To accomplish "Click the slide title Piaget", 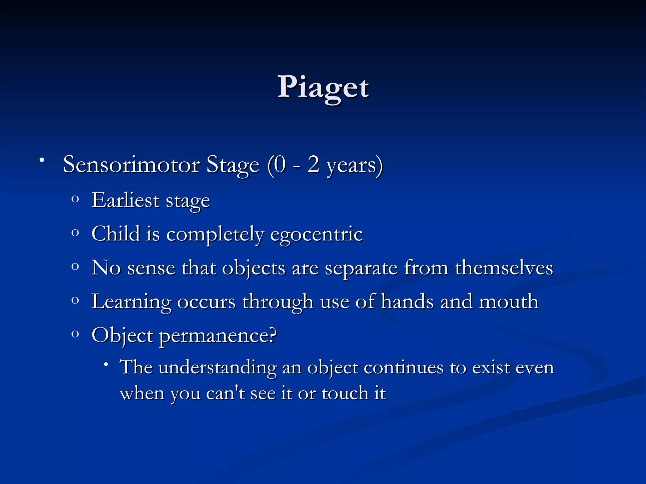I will coord(323,87).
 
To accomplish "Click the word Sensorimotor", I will coord(131,164).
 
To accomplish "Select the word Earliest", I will coord(126,200).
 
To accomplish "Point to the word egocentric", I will coord(317,234).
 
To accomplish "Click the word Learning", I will coord(131,302).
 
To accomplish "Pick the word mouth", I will coord(508,302).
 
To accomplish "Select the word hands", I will coord(407,302).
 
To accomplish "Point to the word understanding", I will coord(217,368).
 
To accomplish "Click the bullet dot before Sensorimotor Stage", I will coord(41,161).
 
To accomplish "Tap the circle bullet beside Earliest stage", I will coord(75,199).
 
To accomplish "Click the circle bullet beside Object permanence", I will coord(75,334).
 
